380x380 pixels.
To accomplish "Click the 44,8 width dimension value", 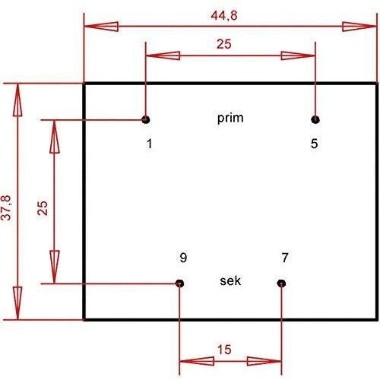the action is [x=224, y=15].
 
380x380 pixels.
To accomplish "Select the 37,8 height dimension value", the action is [x=6, y=207].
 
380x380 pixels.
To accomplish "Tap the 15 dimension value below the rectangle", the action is [x=224, y=350].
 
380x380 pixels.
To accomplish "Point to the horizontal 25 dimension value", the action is [x=224, y=44].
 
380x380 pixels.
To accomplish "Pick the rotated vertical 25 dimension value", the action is [x=43, y=208].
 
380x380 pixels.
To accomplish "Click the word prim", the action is [x=230, y=119].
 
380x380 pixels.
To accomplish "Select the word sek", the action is [x=230, y=280].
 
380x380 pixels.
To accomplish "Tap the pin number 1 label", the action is [x=150, y=144].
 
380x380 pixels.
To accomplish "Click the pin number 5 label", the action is [x=314, y=144].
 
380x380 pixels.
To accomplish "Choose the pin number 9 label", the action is [x=183, y=258].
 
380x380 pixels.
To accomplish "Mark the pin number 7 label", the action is [x=285, y=258].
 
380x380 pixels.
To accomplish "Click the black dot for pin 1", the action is [x=146, y=119].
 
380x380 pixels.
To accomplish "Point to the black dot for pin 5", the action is [x=315, y=119].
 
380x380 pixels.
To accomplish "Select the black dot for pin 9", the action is [x=179, y=283].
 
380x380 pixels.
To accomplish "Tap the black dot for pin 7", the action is [x=281, y=283].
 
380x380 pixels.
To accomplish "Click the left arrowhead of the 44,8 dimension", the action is [x=101, y=27].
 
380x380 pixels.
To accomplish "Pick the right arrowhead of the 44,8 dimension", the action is [x=359, y=27].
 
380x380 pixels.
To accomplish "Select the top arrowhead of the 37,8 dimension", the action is [x=17, y=100].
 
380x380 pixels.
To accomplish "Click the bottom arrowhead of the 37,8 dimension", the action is [x=17, y=303].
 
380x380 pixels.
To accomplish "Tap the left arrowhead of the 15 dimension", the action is [x=197, y=361].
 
